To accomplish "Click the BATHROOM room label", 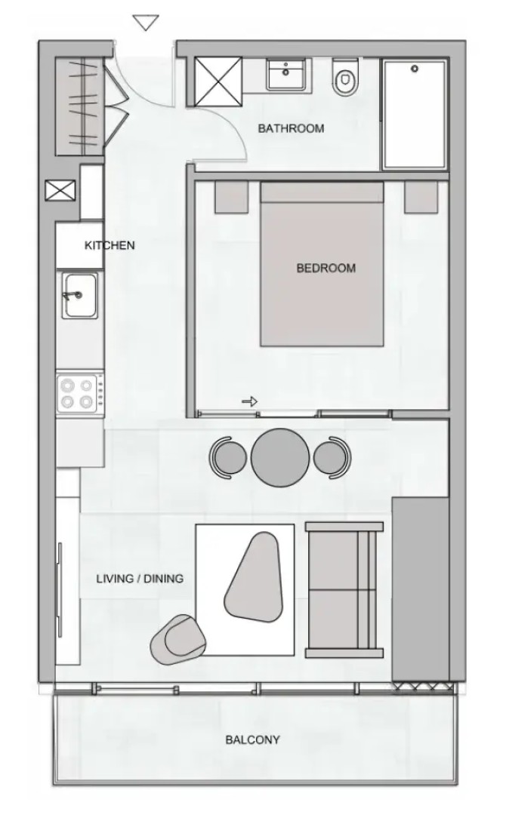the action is (x=291, y=128).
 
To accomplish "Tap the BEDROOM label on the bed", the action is (x=326, y=268).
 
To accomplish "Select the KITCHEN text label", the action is (x=110, y=245).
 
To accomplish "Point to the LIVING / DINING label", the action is (x=140, y=579).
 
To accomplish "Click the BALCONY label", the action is (x=252, y=739).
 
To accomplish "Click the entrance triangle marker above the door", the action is (x=146, y=23).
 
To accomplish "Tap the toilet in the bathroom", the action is (x=345, y=77).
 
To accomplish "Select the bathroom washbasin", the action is (x=286, y=74).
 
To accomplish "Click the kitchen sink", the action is (x=80, y=295).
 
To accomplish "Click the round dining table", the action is (x=280, y=457).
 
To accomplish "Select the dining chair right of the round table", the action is (x=332, y=457).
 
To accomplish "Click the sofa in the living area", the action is (x=344, y=590).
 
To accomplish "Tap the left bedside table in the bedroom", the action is (x=232, y=197).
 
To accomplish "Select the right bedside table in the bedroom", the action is (x=421, y=197).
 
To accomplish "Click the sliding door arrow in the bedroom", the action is (x=249, y=401).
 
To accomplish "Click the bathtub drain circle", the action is (x=415, y=69).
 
